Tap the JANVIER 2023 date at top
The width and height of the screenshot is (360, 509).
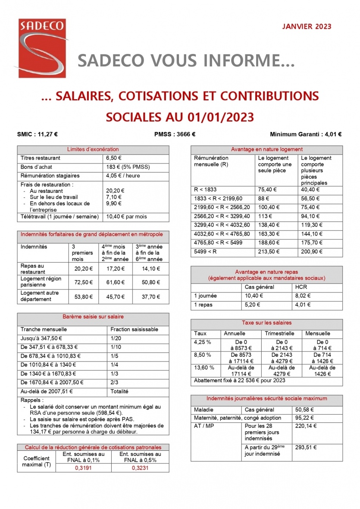(307, 27)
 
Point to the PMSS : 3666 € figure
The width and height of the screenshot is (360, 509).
(175, 134)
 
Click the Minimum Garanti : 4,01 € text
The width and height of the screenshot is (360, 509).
(306, 134)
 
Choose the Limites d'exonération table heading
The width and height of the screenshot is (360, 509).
(93, 149)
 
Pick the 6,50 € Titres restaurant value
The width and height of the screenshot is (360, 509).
(114, 158)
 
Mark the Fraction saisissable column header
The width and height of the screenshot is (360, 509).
(134, 329)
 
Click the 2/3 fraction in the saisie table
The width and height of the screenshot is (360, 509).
(114, 382)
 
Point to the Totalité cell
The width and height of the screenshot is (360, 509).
(120, 392)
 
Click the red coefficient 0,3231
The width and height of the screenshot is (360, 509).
(140, 468)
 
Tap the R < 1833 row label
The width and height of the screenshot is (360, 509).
(206, 190)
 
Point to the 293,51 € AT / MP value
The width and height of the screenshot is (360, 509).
(306, 447)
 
